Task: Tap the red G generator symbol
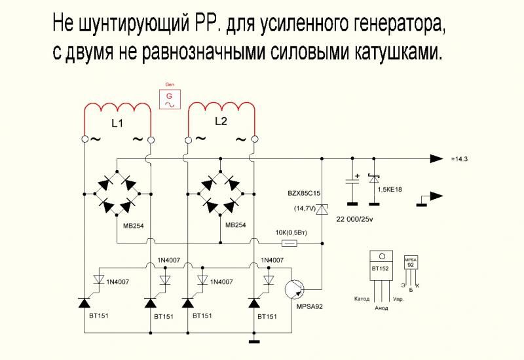(x=169, y=98)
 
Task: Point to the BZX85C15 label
(x=304, y=194)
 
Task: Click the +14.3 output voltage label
(x=460, y=160)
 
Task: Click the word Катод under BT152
(x=362, y=299)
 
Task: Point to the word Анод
(x=381, y=307)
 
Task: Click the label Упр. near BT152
(x=397, y=299)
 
